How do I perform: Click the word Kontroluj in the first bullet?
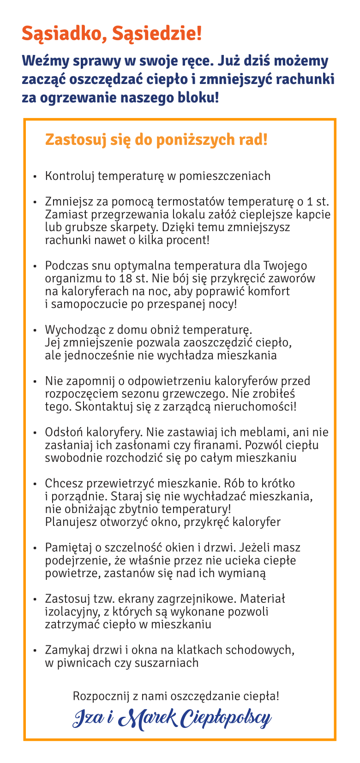(x=70, y=176)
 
